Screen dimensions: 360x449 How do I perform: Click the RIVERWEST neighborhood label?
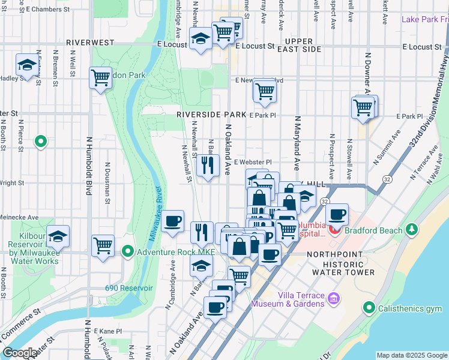tap(89, 43)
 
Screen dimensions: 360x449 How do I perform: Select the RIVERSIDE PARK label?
tap(211, 114)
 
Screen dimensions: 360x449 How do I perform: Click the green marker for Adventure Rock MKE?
tap(127, 251)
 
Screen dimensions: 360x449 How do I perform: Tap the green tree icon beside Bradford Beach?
tap(412, 229)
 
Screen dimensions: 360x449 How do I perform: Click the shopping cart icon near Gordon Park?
tap(101, 77)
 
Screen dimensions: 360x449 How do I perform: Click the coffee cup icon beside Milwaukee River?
tap(173, 221)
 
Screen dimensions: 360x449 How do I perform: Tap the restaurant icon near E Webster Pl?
tap(208, 165)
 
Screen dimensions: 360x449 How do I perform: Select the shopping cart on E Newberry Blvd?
tap(264, 91)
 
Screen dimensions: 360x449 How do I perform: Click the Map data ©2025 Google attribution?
tap(411, 355)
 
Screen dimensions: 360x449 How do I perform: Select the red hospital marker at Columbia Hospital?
tap(335, 230)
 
